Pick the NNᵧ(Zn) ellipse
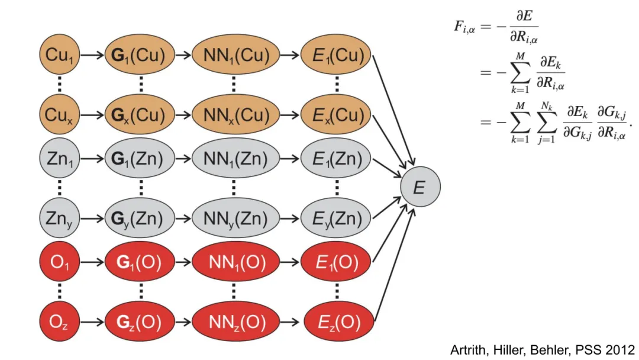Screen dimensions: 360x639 234,218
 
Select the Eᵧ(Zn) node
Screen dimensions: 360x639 337,218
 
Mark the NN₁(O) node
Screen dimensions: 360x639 234,262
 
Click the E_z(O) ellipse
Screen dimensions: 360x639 337,323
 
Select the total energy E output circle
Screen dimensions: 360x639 419,188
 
